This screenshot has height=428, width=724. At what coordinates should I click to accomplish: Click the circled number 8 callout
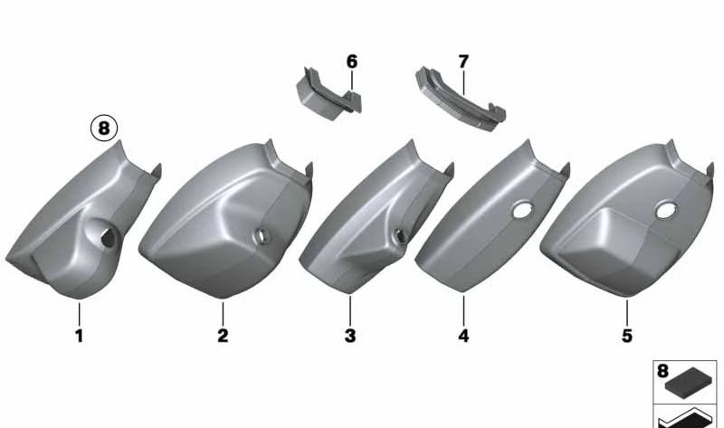coord(104,128)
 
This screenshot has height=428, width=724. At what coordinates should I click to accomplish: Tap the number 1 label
coord(80,336)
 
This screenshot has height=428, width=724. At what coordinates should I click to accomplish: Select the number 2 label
coord(223,336)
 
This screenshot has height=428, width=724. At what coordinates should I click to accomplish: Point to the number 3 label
coord(350,336)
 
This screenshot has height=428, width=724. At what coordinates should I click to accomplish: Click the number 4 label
coord(463,336)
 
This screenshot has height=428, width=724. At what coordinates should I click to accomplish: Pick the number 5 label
coord(626,336)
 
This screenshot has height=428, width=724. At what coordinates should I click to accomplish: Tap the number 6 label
coord(352,62)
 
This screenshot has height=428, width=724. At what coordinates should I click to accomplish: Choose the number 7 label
coord(463,62)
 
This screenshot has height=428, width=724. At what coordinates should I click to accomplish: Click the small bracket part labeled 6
coord(328,95)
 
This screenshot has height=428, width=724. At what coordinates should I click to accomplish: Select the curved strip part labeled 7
coord(460,100)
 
